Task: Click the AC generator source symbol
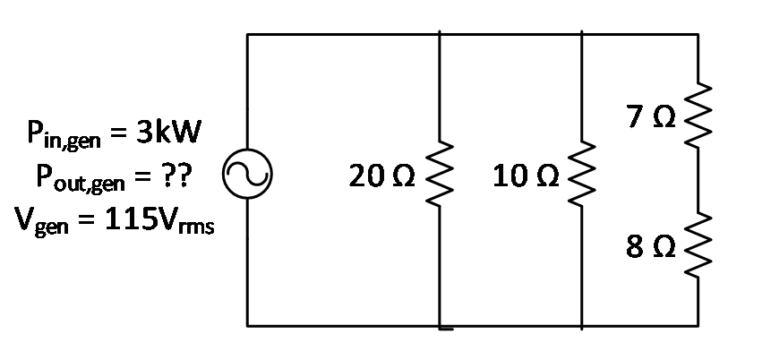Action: [x=247, y=174]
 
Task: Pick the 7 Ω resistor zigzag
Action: [x=698, y=116]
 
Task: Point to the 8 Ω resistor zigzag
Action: [x=698, y=245]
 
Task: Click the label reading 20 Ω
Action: [x=382, y=176]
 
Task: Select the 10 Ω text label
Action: [x=526, y=176]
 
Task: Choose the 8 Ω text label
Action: [x=651, y=247]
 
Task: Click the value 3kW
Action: [x=168, y=132]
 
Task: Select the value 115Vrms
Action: [x=159, y=221]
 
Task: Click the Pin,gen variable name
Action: [x=64, y=133]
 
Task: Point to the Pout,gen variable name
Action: [x=81, y=177]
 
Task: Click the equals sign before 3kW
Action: [x=118, y=133]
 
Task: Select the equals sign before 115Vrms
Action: [x=87, y=222]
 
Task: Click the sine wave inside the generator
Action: [x=247, y=174]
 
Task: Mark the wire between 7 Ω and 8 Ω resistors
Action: [x=698, y=181]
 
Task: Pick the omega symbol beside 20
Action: [x=404, y=177]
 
